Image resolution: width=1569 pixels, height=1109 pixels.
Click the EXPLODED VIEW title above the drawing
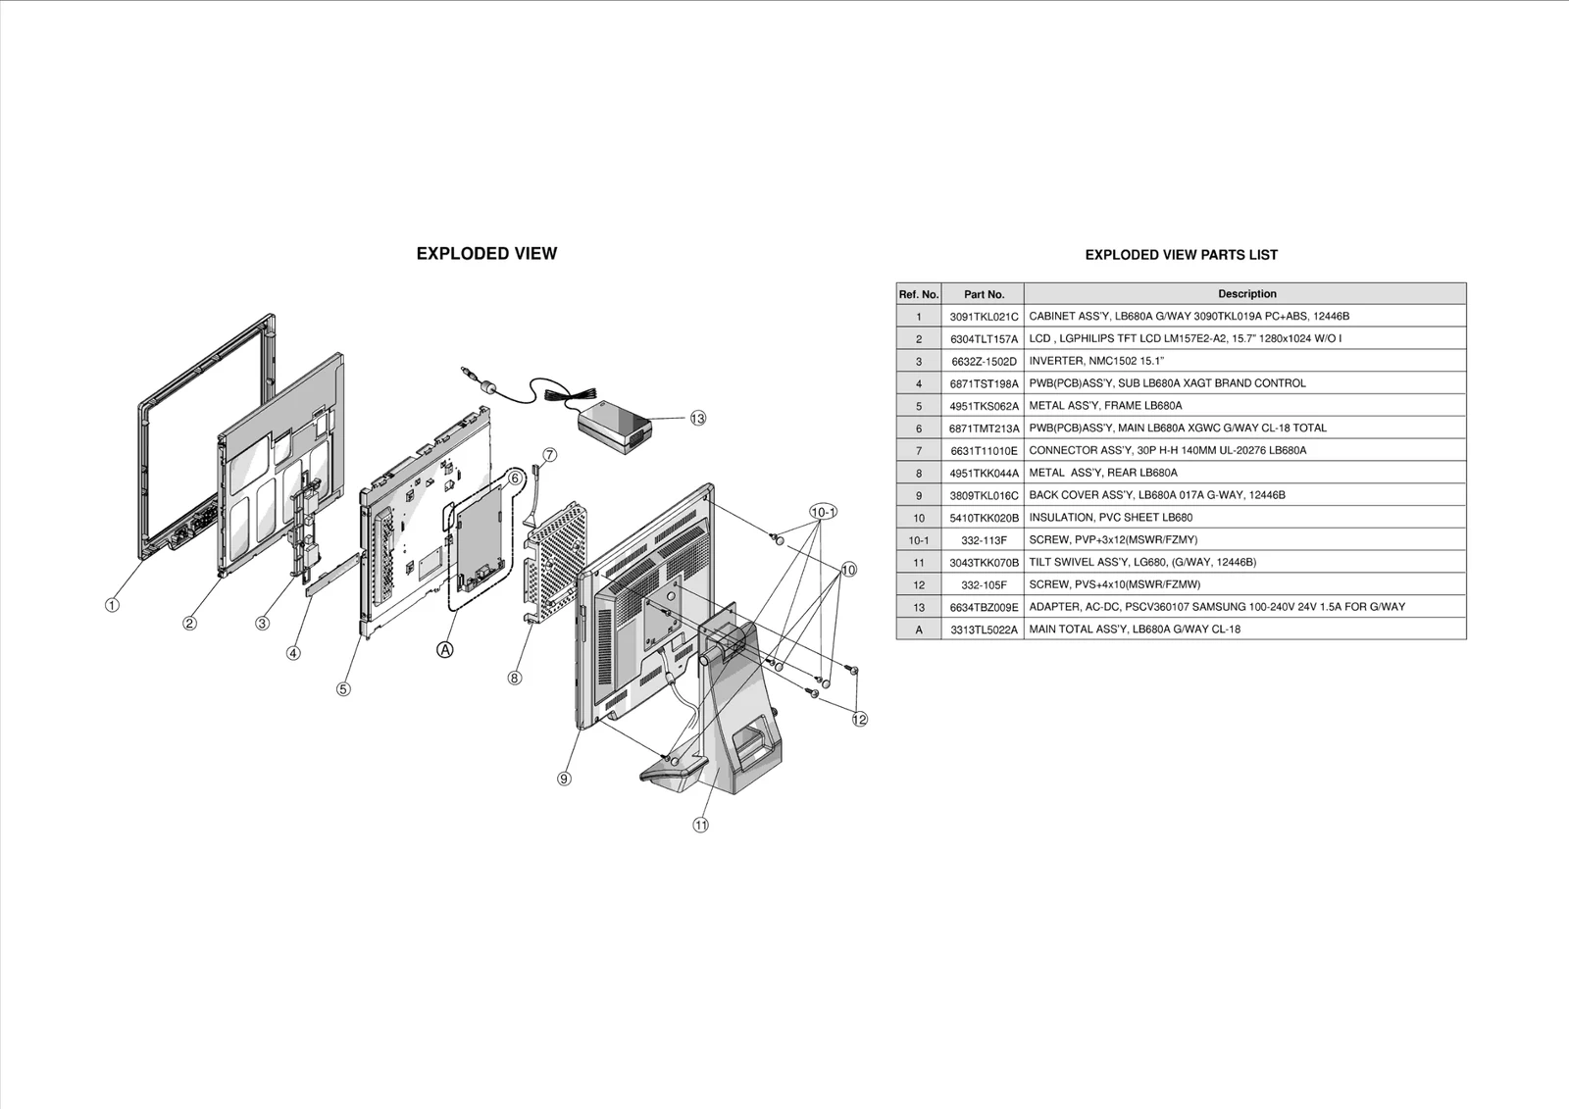tap(486, 254)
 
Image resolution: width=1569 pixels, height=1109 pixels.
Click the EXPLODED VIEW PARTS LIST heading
tap(1181, 255)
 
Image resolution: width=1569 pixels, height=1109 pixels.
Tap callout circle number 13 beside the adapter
tap(697, 419)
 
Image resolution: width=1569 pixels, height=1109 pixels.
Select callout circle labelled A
tap(445, 649)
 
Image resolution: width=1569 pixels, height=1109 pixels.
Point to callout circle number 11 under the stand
tap(701, 825)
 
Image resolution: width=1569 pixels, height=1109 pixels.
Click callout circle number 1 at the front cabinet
tap(112, 605)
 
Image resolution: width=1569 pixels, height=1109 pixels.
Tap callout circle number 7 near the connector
tap(549, 455)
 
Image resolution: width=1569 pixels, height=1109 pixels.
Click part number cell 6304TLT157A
tap(984, 338)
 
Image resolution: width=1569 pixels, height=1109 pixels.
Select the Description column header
tap(1246, 293)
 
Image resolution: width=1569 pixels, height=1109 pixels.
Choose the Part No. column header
tap(984, 294)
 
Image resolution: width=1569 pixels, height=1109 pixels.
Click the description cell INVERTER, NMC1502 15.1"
tap(1095, 361)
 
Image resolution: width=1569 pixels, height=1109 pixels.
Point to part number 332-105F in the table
tap(984, 584)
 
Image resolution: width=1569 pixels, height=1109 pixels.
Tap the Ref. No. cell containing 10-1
tap(919, 540)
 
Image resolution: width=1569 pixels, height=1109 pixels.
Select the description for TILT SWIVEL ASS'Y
tap(1141, 562)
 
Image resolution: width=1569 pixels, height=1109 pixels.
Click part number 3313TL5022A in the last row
tap(984, 630)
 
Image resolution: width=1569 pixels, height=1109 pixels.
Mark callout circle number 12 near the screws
tap(860, 719)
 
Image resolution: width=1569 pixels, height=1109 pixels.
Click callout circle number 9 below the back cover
tap(564, 779)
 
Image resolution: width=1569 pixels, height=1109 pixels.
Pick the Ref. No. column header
tap(919, 294)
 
